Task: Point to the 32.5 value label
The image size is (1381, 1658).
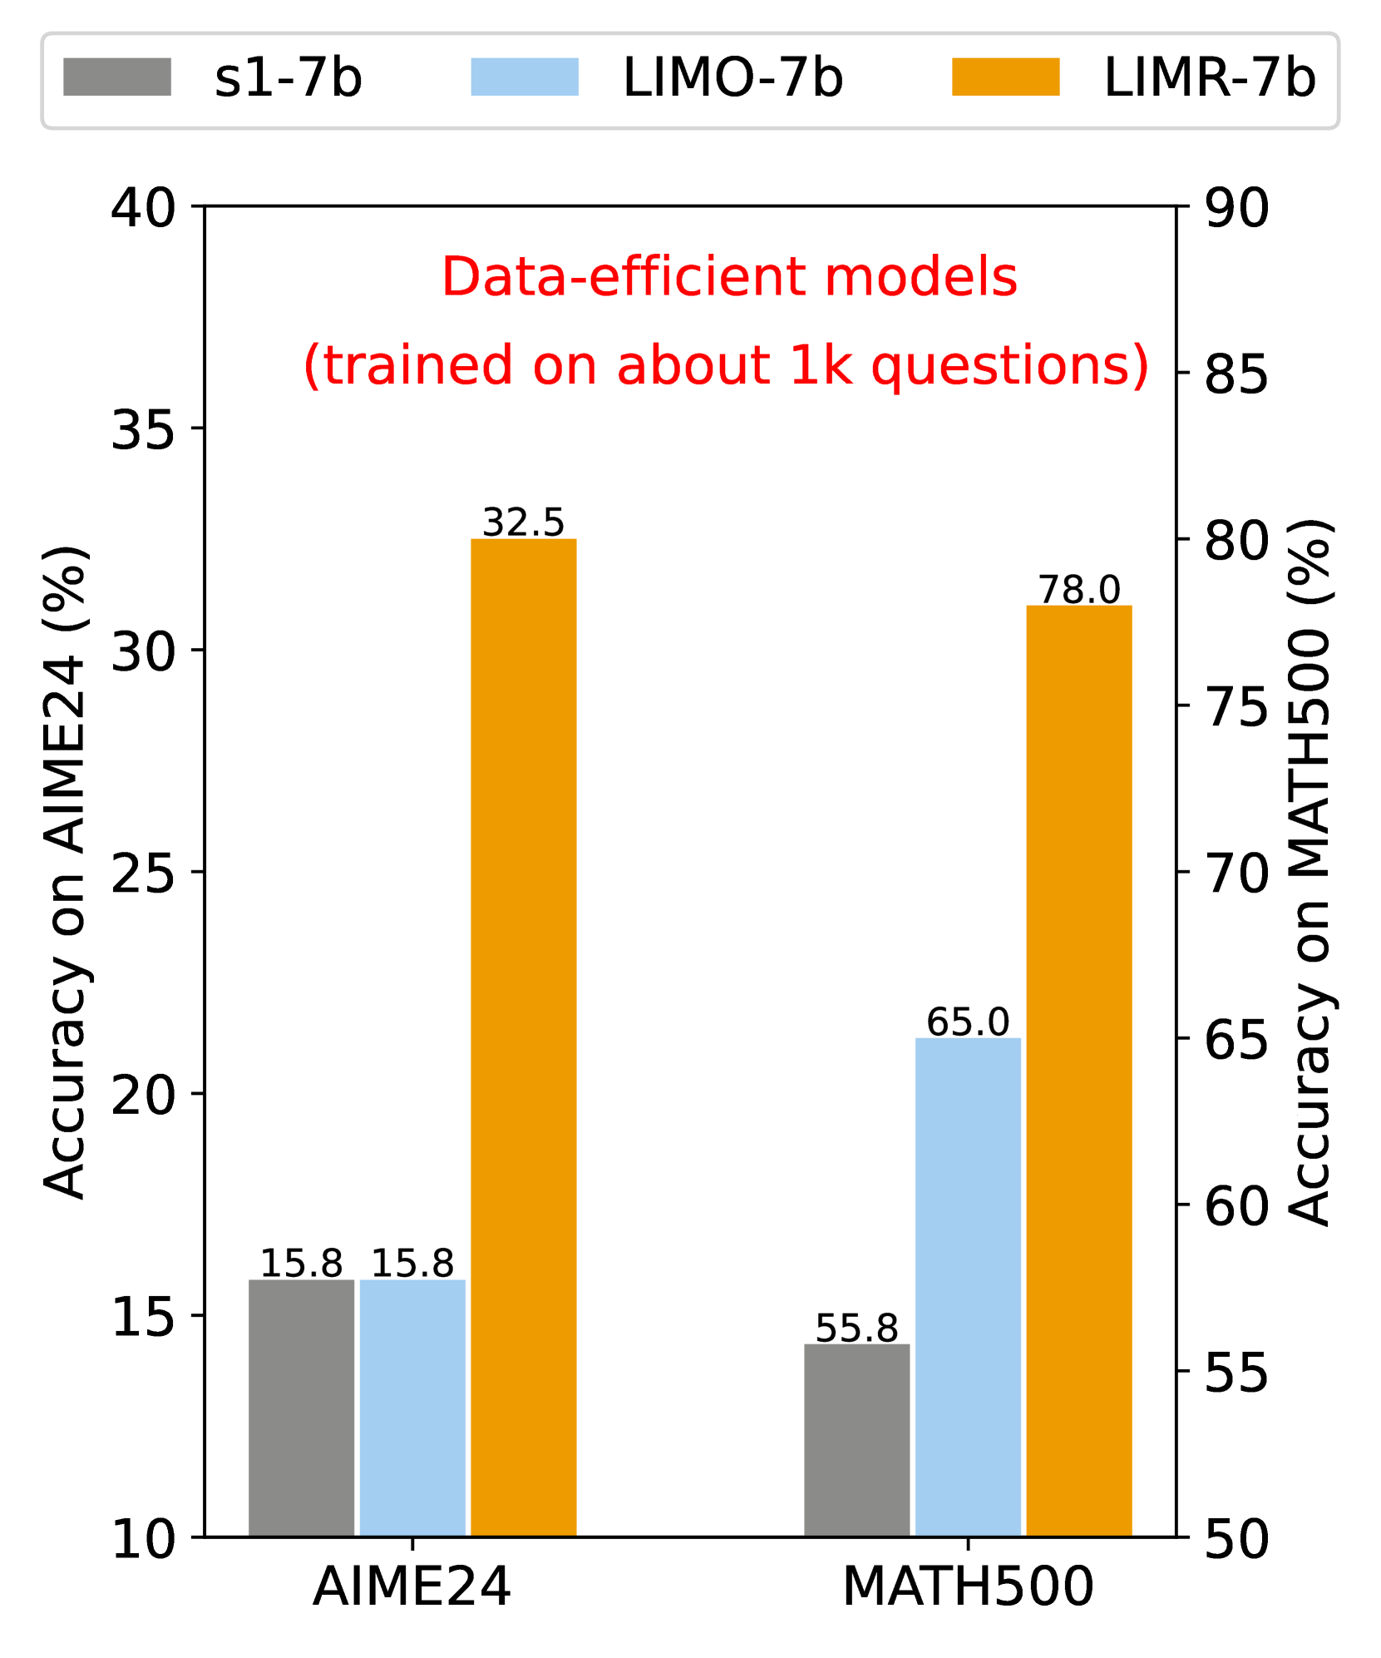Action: tap(523, 522)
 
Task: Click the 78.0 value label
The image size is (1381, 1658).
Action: tap(1078, 590)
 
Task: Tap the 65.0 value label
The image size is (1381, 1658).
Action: tap(968, 1022)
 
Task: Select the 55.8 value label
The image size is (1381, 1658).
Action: tap(856, 1328)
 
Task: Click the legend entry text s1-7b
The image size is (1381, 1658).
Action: tap(288, 79)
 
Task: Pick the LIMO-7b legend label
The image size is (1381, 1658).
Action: tap(732, 79)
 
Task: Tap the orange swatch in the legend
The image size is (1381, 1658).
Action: tap(1005, 77)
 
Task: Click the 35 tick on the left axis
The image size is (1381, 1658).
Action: tap(143, 430)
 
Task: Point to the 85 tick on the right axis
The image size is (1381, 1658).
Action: tap(1236, 374)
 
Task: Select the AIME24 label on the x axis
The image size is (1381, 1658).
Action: tap(412, 1586)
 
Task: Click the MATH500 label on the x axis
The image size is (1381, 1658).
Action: tap(968, 1586)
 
